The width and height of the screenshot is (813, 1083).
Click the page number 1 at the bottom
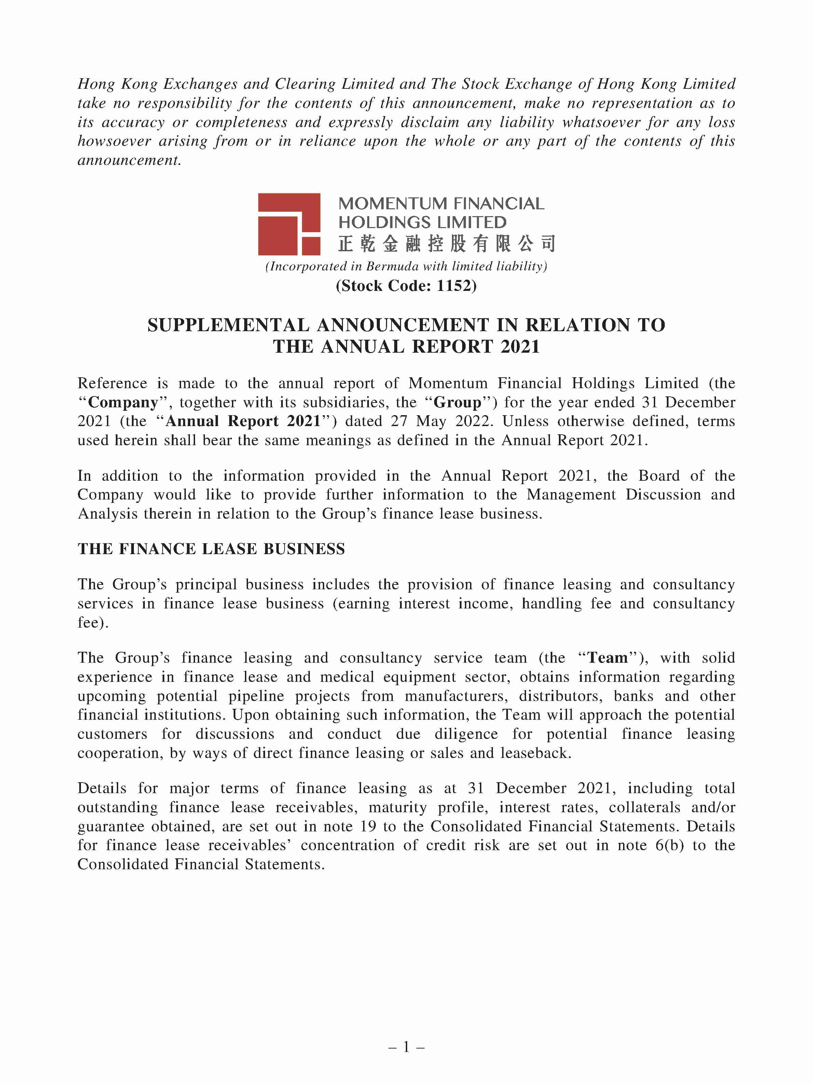pyautogui.click(x=406, y=1047)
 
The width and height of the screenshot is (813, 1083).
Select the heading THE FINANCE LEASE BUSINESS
pyautogui.click(x=211, y=549)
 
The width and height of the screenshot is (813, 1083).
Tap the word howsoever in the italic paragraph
pyautogui.click(x=114, y=141)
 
